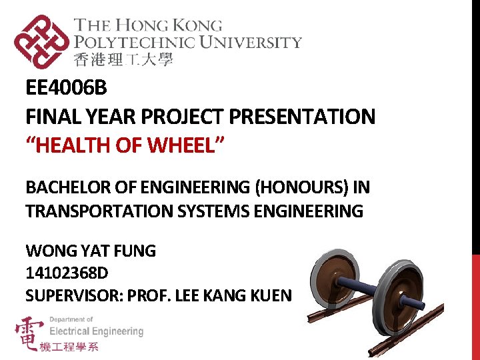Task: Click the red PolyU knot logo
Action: [41, 42]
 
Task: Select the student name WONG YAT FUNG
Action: [91, 251]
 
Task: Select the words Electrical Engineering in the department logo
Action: [97, 331]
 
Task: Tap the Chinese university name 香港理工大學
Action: [123, 60]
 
